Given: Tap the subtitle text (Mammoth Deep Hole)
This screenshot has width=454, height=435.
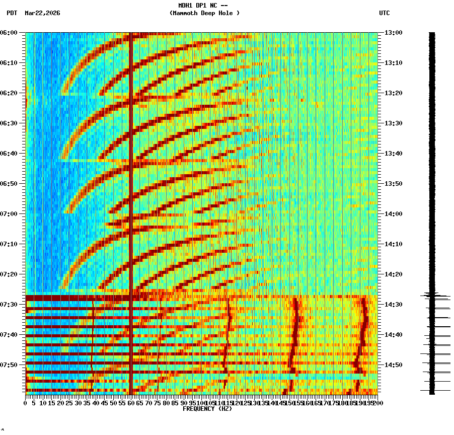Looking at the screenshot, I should coord(204,13).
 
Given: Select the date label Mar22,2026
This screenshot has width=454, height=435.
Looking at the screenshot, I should coord(42,13).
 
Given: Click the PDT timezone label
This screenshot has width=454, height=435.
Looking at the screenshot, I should coord(12,13).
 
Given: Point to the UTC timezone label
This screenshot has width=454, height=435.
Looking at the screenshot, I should coord(384,13).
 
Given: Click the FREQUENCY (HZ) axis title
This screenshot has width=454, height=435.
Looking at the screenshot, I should coord(207,409).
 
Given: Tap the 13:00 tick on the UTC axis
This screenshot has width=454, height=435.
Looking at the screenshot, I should coord(393,33).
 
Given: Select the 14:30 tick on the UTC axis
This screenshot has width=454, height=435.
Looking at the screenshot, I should coord(393,305).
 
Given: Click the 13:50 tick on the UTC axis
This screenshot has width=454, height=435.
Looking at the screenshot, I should coord(393,184).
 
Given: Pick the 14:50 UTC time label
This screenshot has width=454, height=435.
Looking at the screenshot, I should coord(393,365).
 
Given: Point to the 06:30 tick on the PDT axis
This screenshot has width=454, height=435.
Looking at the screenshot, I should coord(10,123).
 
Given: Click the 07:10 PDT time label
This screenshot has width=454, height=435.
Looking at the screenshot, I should coord(10,244).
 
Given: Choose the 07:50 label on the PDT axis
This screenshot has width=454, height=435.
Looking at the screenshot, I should coord(10,365).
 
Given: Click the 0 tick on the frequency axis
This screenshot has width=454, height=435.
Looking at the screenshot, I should coord(26,403).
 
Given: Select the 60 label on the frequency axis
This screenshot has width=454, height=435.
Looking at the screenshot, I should coord(131,403).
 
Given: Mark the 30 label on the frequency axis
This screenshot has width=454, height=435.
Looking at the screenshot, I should coord(79,403).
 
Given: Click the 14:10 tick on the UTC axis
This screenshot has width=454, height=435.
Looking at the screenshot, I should coord(393,244).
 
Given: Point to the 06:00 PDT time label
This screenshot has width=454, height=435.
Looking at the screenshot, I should coord(10,33).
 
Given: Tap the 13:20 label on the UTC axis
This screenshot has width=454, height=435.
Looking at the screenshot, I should coord(393,93).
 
